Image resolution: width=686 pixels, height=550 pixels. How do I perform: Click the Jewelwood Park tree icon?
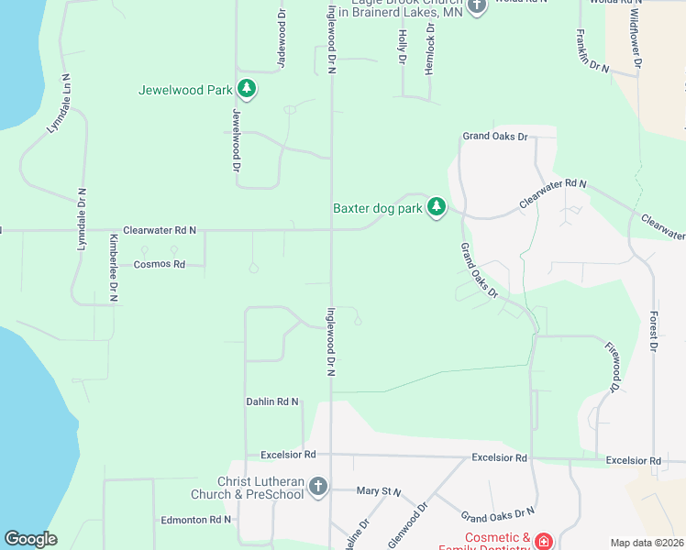pyautogui.click(x=246, y=89)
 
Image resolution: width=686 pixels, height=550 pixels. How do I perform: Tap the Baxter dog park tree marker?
pyautogui.click(x=437, y=208)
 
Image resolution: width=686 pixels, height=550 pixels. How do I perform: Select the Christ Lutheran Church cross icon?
pyautogui.click(x=317, y=486)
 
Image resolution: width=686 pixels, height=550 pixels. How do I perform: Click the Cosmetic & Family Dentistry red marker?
pyautogui.click(x=544, y=542)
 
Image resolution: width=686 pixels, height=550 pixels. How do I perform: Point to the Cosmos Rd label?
pyautogui.click(x=160, y=264)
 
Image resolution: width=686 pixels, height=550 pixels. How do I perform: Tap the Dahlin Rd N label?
pyautogui.click(x=272, y=401)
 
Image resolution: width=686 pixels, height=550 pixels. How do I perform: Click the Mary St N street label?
pyautogui.click(x=379, y=491)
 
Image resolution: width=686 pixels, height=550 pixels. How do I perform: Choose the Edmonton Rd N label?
pyautogui.click(x=195, y=520)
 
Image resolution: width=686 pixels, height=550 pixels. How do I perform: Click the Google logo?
pyautogui.click(x=30, y=539)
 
